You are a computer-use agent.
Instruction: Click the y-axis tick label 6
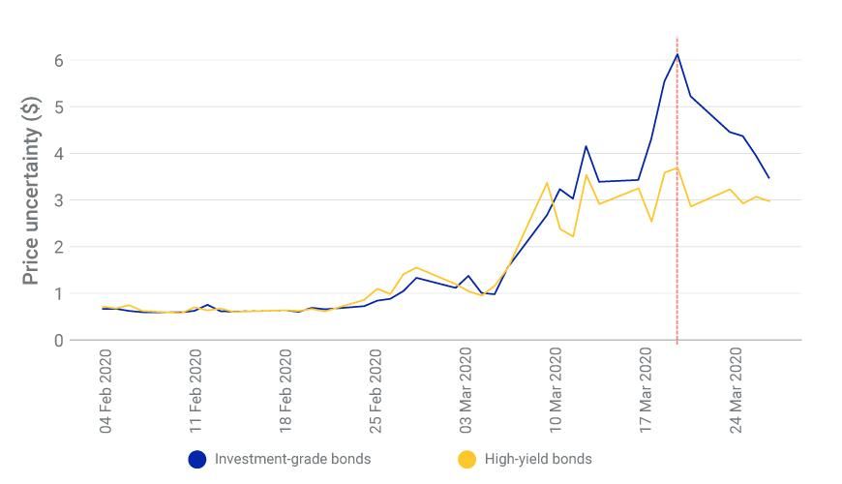58,60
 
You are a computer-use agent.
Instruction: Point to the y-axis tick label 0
58,341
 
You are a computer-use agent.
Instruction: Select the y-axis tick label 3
58,200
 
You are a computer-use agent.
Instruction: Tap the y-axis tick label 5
58,106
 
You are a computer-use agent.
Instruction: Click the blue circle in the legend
197,459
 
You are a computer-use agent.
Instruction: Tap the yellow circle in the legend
467,459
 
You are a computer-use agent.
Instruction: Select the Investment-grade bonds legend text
292,459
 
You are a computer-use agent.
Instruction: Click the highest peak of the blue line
677,53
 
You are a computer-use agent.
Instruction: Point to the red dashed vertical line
677,242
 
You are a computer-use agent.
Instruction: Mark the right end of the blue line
769,178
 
